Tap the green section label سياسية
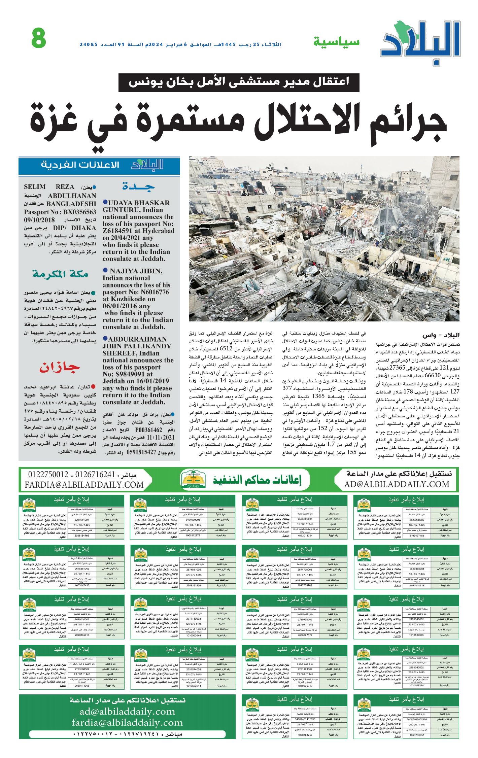click(336, 42)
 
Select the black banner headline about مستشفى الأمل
click(239, 82)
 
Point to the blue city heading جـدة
click(138, 186)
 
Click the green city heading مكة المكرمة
click(61, 274)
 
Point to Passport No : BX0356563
click(60, 212)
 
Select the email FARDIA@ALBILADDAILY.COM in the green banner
click(84, 485)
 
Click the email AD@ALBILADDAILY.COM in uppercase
click(397, 484)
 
